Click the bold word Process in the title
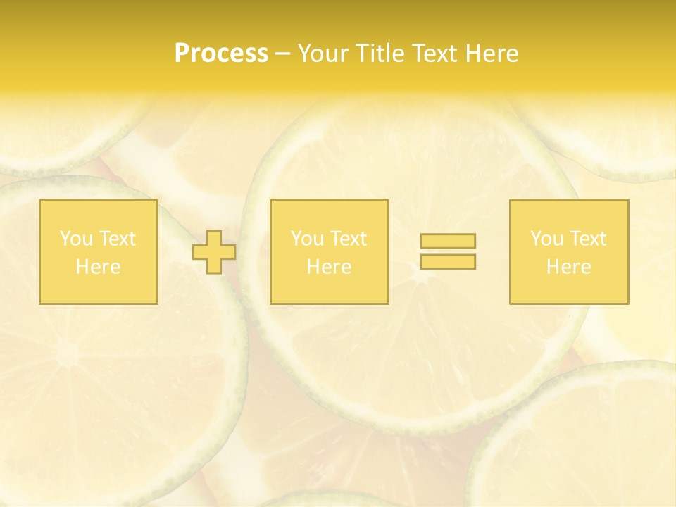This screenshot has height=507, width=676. (x=221, y=54)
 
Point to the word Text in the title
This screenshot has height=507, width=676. (x=441, y=54)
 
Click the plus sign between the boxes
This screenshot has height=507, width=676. (x=214, y=252)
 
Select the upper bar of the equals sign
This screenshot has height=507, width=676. (x=448, y=241)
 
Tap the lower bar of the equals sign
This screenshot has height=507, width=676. (x=448, y=261)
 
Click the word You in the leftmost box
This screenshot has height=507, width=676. (x=75, y=239)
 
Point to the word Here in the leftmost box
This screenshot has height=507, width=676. (x=98, y=267)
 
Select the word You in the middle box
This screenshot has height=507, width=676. (x=306, y=239)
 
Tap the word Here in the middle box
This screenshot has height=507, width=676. (x=329, y=267)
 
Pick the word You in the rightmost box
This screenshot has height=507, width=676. (x=546, y=239)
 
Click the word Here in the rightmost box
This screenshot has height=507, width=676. (x=568, y=267)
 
